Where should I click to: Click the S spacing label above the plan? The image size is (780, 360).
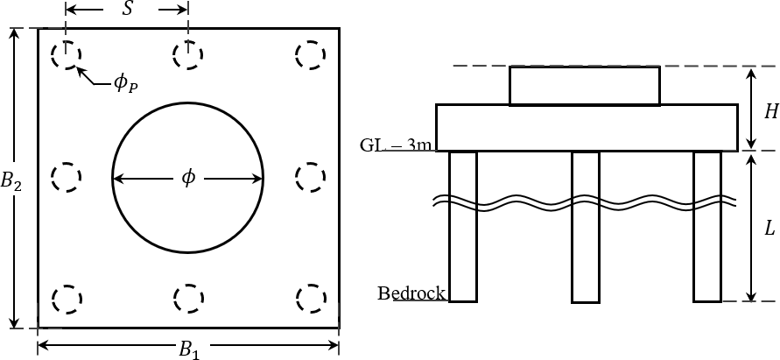(129, 11)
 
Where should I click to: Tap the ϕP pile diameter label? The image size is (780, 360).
(125, 84)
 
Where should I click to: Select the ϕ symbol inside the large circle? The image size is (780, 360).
(188, 179)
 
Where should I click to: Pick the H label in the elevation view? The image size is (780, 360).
(770, 112)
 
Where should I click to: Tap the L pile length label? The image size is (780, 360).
(769, 229)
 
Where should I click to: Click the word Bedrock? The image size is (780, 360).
(411, 293)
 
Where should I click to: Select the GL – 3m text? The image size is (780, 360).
(397, 145)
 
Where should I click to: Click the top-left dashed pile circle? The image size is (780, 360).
(66, 55)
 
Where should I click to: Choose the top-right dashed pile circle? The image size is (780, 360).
(309, 55)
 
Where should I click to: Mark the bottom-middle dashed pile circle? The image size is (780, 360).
(187, 299)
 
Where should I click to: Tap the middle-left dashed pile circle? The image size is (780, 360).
(66, 178)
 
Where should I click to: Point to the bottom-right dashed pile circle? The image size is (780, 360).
(309, 299)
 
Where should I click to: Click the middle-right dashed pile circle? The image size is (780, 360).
(309, 178)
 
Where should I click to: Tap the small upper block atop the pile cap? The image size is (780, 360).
(584, 86)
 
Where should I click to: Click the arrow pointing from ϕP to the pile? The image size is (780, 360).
(92, 76)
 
